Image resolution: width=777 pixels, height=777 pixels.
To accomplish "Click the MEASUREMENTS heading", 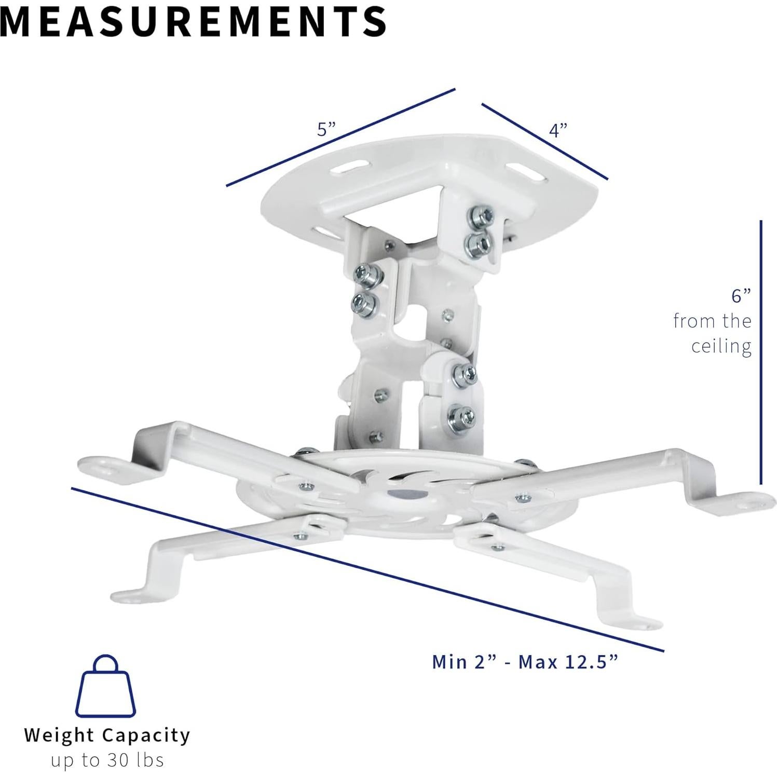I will click(x=193, y=21).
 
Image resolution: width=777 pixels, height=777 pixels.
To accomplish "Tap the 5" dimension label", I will click(x=326, y=129).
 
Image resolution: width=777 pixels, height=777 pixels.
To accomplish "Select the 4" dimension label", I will click(x=558, y=130).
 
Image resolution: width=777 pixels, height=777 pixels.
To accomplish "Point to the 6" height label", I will click(x=741, y=296).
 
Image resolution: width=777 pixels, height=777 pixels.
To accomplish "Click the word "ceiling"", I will click(x=721, y=346).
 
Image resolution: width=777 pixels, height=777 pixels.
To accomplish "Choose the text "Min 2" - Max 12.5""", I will click(x=525, y=662).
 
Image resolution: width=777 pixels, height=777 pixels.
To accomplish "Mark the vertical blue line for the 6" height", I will click(x=761, y=353).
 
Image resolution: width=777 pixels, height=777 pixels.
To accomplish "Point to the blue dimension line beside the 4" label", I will click(x=544, y=141).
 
